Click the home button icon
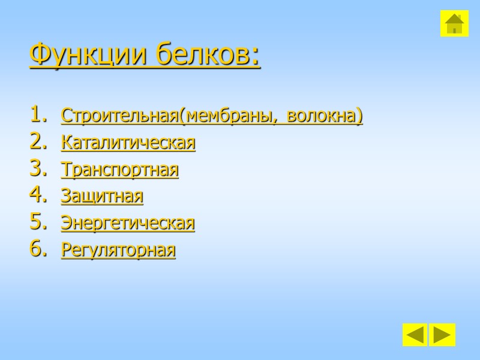coord(454,23)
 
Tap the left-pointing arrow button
coord(415,335)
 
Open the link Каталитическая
coord(128,143)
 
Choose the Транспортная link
coord(119,170)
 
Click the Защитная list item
coord(102,196)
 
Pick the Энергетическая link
coord(128,223)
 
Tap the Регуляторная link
coord(118,250)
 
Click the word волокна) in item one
coord(325,116)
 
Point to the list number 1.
coord(37,114)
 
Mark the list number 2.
coord(37,142)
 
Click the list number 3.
coord(37,169)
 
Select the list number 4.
coord(37,195)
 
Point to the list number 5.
coord(37,222)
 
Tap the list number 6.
coord(37,249)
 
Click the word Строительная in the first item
coord(119,116)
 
